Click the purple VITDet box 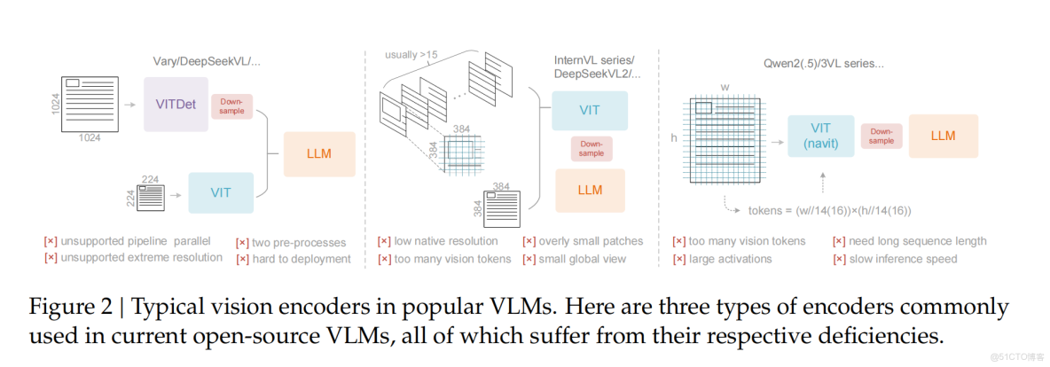click(176, 104)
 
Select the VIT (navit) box click(820, 136)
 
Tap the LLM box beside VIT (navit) click(944, 136)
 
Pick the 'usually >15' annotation click(412, 55)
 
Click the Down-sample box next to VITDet click(231, 106)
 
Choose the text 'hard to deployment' click(301, 259)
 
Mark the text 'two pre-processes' click(298, 242)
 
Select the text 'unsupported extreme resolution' click(141, 257)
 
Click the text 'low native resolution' click(444, 241)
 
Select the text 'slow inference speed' click(902, 259)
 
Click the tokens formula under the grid click(827, 211)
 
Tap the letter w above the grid click(725, 88)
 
